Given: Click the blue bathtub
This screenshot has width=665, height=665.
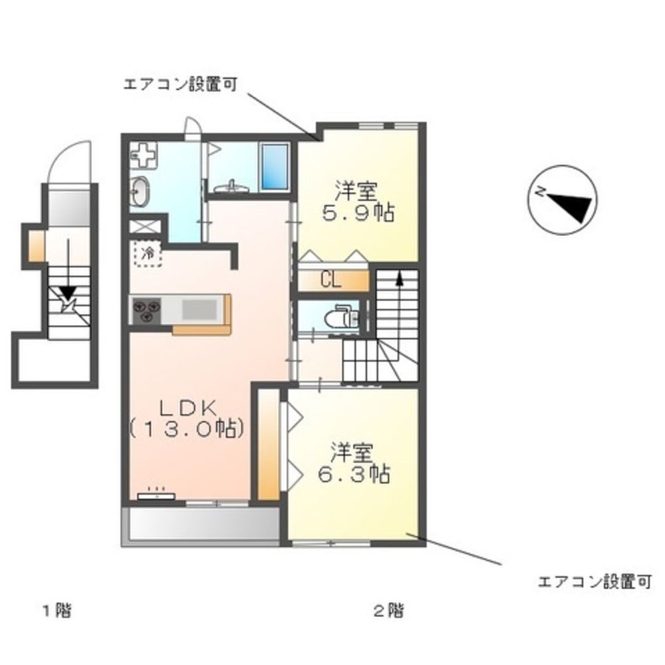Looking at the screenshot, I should click(273, 167).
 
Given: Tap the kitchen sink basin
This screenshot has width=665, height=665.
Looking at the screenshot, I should click(200, 311).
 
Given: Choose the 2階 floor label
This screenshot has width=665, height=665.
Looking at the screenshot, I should click(388, 610).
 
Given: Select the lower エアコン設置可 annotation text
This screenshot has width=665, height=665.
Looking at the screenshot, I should click(593, 583).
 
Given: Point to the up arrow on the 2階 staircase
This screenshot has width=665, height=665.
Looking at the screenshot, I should click(399, 279).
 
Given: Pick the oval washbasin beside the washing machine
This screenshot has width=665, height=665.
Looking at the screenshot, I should click(140, 192).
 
